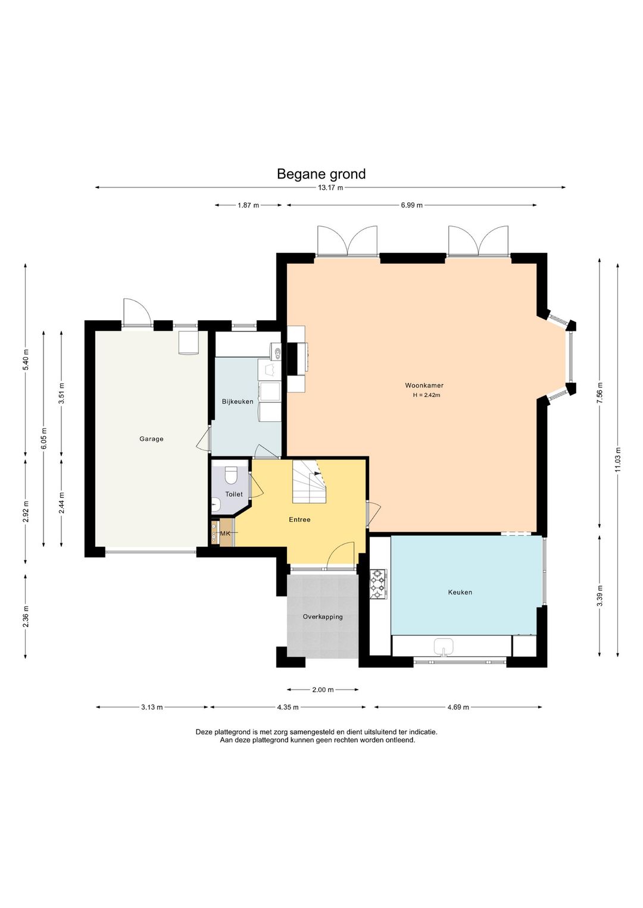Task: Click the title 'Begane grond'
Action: pos(321,174)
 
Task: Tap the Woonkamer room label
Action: pos(424,386)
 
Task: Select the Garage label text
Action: pos(151,439)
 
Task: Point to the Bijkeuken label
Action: pos(238,401)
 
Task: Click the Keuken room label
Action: pos(460,592)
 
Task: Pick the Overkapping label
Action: pos(323,617)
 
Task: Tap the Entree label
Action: pos(299,519)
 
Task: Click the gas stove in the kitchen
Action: pos(378,584)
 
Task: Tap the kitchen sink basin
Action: pos(444,646)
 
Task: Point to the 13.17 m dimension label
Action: pos(330,187)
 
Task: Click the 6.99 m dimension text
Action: pos(412,205)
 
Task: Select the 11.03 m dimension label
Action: pos(617,459)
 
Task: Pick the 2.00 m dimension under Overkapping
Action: pos(323,690)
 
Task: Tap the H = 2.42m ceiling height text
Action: pos(426,395)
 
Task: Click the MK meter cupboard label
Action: pos(224,534)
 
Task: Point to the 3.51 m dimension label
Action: pos(61,393)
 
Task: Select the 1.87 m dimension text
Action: pos(248,205)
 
